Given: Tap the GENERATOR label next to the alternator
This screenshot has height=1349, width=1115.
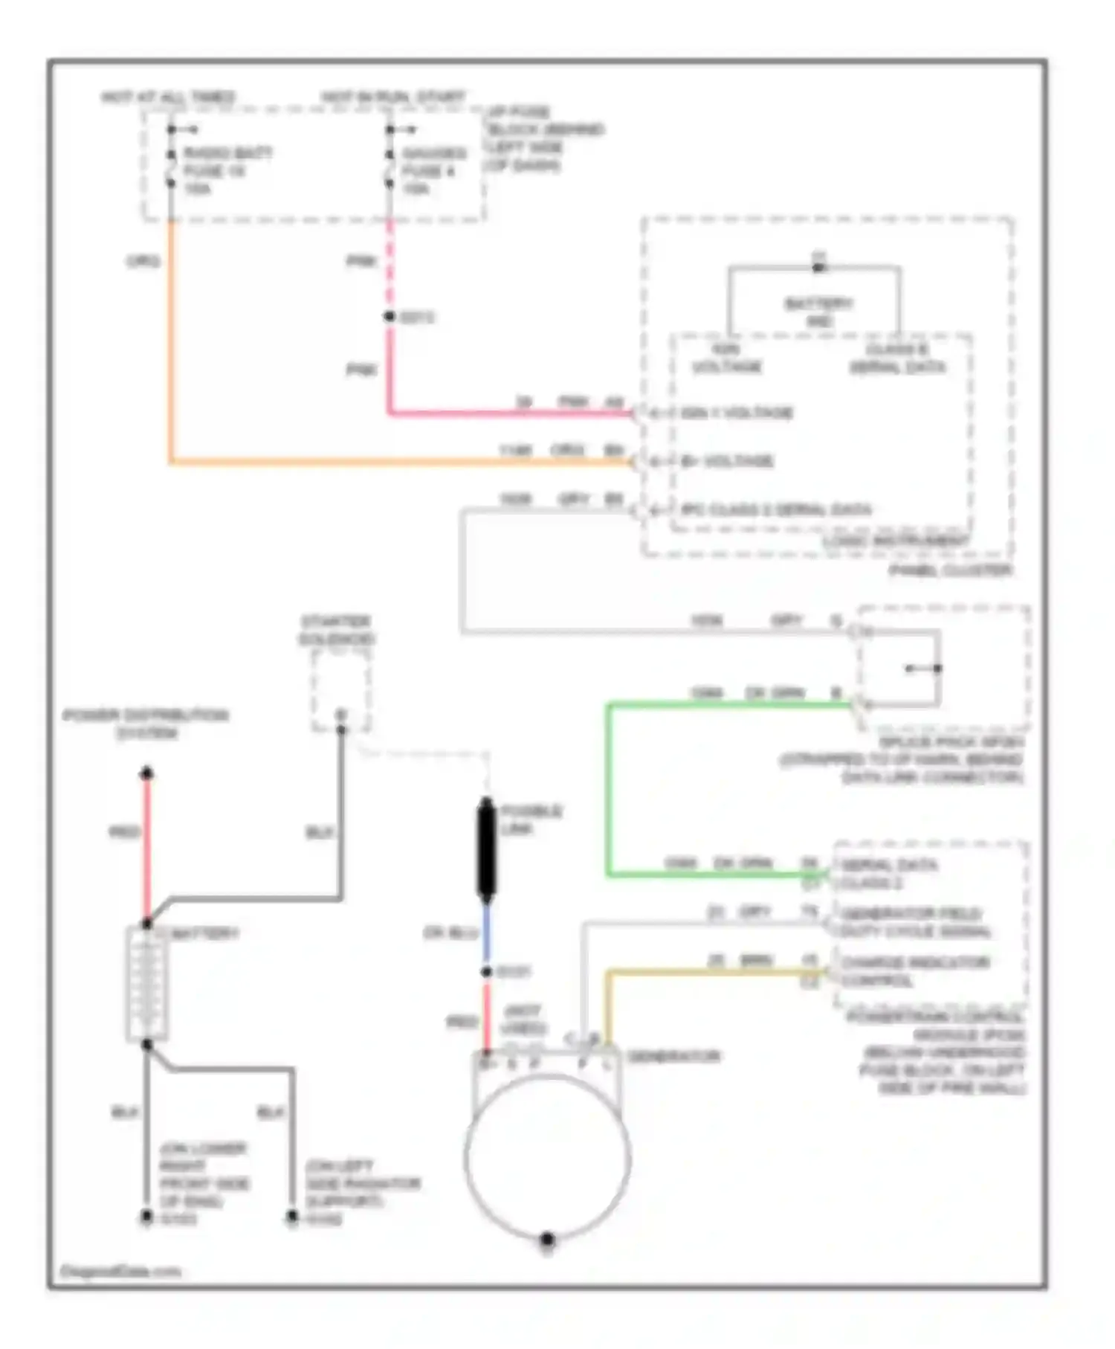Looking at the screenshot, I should pyautogui.click(x=673, y=1056).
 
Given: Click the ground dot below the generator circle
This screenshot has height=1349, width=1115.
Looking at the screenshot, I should pyautogui.click(x=547, y=1239).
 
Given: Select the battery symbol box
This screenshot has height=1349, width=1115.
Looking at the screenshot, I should pyautogui.click(x=146, y=983).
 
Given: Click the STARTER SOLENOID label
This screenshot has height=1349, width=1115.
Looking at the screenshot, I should pyautogui.click(x=337, y=630).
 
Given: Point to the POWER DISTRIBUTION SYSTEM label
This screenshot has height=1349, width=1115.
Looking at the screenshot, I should pyautogui.click(x=146, y=724).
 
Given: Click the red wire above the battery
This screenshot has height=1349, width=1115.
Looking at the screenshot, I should pyautogui.click(x=147, y=848).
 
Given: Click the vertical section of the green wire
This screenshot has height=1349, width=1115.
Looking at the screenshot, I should pyautogui.click(x=609, y=788).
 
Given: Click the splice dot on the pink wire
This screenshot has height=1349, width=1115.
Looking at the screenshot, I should pyautogui.click(x=390, y=317).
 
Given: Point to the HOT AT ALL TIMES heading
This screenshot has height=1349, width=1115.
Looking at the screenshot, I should pyautogui.click(x=168, y=97).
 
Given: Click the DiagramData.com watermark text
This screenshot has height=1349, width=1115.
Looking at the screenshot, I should pyautogui.click(x=120, y=1271).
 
